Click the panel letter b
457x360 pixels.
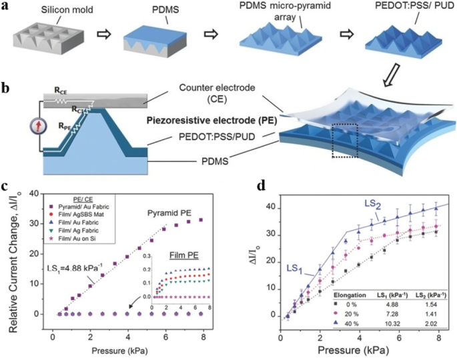6,85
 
